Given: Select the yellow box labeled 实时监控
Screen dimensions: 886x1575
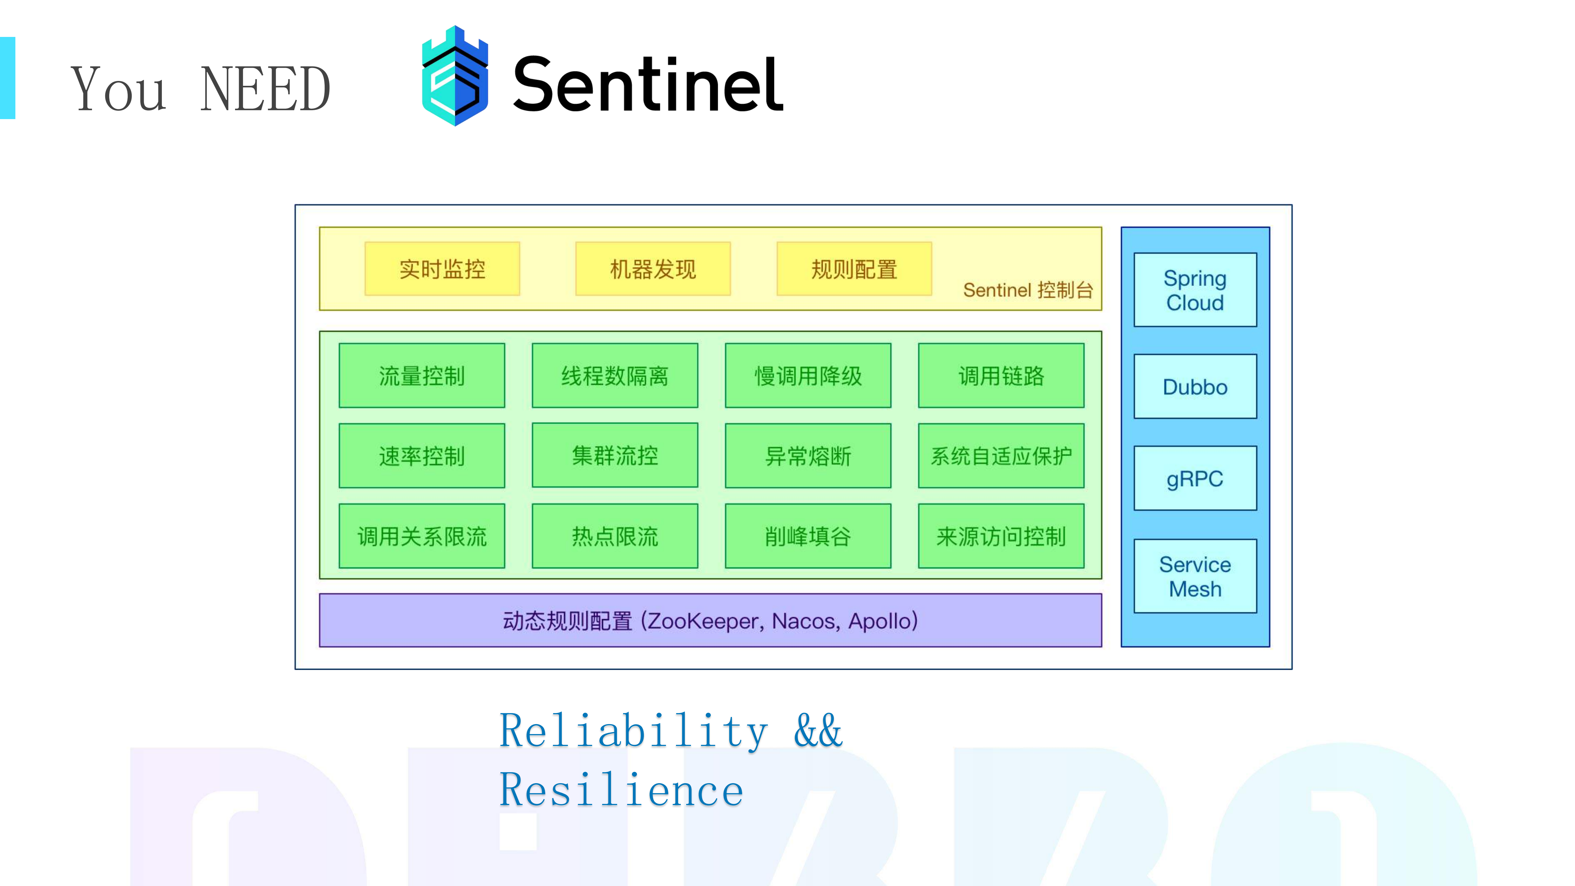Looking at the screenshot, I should [x=442, y=269].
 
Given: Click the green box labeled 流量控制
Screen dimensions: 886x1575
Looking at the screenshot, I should [x=422, y=375].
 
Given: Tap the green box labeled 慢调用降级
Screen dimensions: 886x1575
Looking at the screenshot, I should [x=808, y=375].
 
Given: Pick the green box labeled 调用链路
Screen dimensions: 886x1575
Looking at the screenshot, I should [x=1001, y=375].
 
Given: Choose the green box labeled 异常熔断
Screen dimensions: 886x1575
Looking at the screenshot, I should [x=808, y=455].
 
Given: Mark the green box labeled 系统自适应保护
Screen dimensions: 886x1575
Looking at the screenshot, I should [x=1001, y=455].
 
